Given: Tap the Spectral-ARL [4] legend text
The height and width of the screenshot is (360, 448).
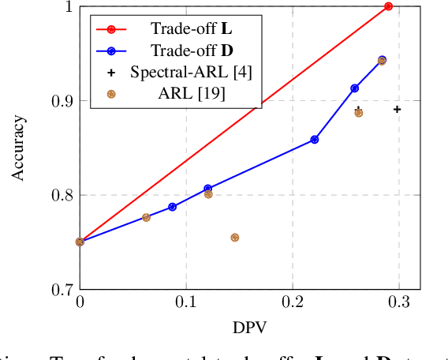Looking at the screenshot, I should point(192,72).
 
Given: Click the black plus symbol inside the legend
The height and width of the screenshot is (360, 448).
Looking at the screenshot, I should point(111,72).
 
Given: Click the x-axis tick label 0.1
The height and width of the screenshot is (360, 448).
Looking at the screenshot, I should point(186,303).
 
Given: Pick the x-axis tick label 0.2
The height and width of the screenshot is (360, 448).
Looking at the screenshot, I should point(293,303).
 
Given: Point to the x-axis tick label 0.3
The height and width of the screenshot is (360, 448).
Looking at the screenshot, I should point(398,303).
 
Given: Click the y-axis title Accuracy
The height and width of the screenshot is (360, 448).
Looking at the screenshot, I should point(18,148).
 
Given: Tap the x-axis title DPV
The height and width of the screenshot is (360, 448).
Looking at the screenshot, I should point(249,325).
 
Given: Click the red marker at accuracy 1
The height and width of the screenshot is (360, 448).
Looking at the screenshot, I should point(388,6).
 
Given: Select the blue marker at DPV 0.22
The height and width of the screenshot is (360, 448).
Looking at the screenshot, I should point(315,139).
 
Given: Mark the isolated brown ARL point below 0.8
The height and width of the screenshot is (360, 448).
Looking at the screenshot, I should point(234,238).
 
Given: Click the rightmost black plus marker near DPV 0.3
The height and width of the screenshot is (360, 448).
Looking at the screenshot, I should point(397,109).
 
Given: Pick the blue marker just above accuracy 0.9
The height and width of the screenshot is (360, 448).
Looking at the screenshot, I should point(355,88).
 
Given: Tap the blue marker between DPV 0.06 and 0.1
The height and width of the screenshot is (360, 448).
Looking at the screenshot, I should point(172,207).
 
